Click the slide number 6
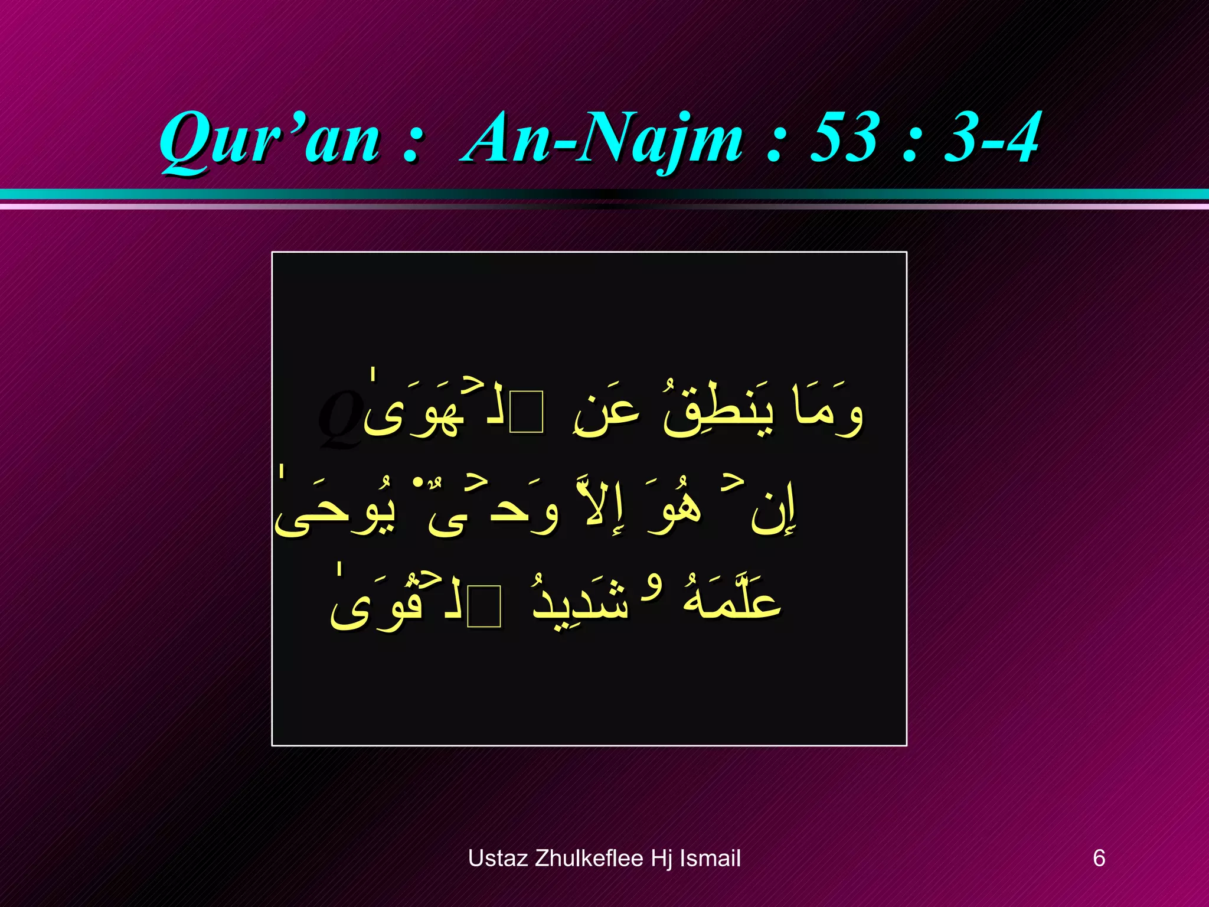1099,858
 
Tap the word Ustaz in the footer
498,858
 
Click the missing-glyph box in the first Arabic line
527,412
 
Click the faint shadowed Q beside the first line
339,419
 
